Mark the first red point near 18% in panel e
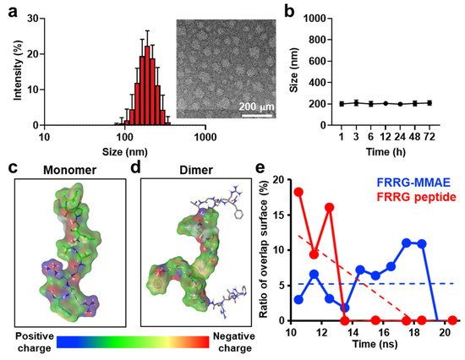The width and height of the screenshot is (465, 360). pos(297,192)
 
